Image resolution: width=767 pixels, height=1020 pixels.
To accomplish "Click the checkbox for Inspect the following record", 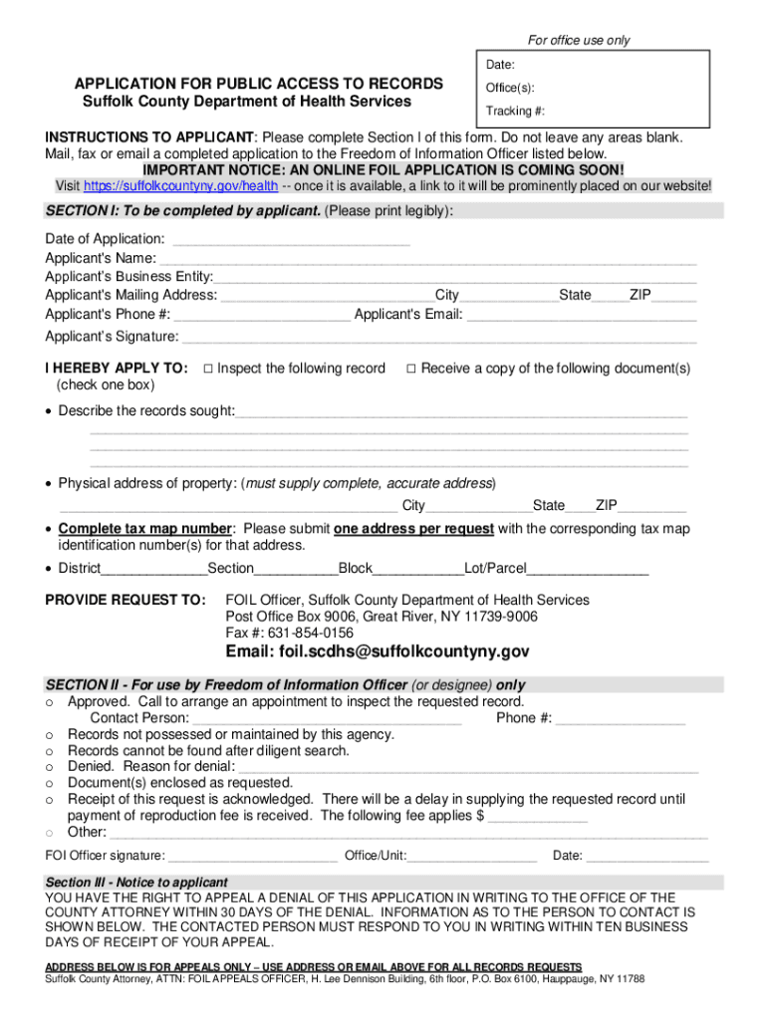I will click(208, 369).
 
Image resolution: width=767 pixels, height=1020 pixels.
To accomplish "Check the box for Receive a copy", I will click(411, 369).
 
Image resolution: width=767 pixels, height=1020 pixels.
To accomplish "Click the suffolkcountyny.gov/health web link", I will click(180, 185).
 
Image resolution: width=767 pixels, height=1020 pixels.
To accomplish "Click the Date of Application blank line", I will click(291, 240).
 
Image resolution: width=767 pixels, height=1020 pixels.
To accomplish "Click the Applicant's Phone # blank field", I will click(262, 316).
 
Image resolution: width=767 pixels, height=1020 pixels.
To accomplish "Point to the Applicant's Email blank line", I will click(582, 316).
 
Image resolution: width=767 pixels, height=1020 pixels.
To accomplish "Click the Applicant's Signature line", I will click(440, 338).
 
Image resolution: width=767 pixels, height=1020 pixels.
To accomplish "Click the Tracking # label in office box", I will click(515, 111).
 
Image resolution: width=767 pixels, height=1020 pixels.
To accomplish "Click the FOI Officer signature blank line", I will click(253, 857).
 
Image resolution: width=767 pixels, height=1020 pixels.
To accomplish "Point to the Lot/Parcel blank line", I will click(588, 570).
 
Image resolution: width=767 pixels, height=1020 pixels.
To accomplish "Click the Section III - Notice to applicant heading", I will click(136, 883).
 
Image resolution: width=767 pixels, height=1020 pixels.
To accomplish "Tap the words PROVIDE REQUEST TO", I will click(126, 600).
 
